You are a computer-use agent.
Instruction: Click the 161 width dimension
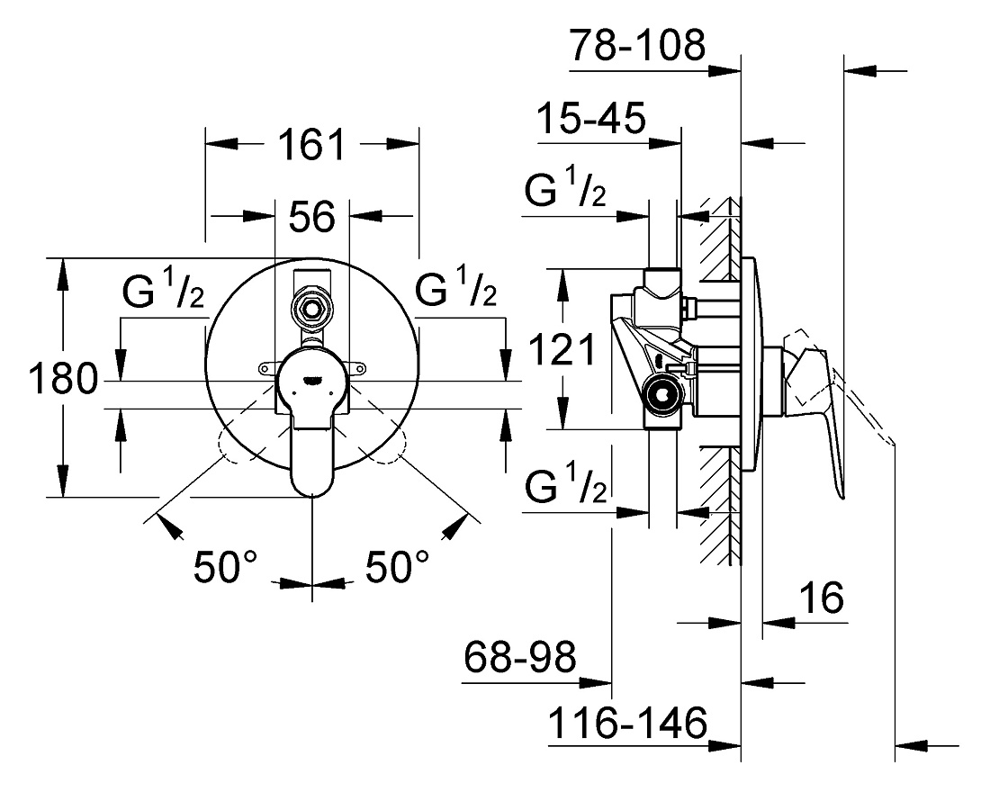[312, 145]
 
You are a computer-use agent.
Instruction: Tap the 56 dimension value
[312, 217]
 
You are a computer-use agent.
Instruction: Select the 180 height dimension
[64, 379]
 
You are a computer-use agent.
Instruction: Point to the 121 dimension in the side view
[562, 349]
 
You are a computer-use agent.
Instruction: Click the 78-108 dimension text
[637, 45]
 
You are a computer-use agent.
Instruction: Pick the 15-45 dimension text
[591, 118]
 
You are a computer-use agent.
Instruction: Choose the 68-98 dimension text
[519, 657]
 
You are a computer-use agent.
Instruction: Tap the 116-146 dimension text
[627, 723]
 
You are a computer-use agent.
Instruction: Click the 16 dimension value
[822, 598]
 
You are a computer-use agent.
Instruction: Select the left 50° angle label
[225, 566]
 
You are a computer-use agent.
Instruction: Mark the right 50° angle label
[397, 566]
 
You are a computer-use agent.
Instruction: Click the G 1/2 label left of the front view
[164, 290]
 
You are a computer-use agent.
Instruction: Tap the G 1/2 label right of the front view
[455, 288]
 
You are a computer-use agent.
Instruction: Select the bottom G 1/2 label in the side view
[565, 484]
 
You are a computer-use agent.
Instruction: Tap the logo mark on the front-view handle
[312, 380]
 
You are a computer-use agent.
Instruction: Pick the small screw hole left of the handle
[264, 367]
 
